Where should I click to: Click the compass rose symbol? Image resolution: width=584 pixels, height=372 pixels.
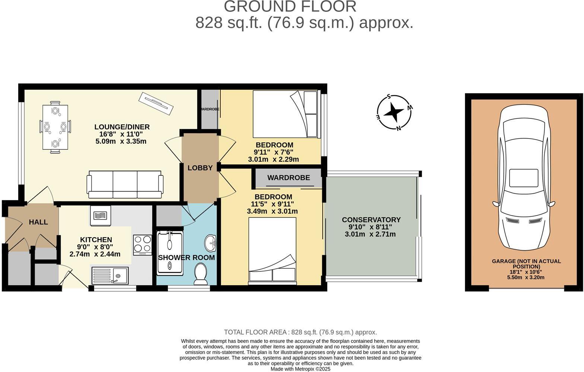pyautogui.click(x=394, y=112)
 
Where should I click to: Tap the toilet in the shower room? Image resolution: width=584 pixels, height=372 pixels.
pyautogui.click(x=201, y=274)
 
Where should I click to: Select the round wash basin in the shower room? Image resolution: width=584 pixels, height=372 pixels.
pyautogui.click(x=211, y=243)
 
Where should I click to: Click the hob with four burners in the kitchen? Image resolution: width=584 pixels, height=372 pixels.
pyautogui.click(x=143, y=245)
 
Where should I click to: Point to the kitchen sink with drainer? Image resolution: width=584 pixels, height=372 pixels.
pyautogui.click(x=110, y=276)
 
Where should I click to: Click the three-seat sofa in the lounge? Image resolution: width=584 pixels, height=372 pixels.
pyautogui.click(x=125, y=184)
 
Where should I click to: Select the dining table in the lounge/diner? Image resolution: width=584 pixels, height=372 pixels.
pyautogui.click(x=55, y=127)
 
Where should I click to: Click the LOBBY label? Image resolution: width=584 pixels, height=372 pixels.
pyautogui.click(x=200, y=168)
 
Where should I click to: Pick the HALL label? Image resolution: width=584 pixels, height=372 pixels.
pyautogui.click(x=38, y=222)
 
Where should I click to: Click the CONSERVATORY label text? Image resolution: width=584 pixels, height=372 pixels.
pyautogui.click(x=371, y=220)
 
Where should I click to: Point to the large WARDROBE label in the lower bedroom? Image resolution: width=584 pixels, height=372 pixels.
pyautogui.click(x=288, y=178)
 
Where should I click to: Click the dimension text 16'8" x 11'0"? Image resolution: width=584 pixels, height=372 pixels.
pyautogui.click(x=121, y=134)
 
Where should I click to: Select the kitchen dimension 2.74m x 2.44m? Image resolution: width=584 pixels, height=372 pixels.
pyautogui.click(x=95, y=254)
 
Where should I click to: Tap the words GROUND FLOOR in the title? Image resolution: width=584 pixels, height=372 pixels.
pyautogui.click(x=290, y=7)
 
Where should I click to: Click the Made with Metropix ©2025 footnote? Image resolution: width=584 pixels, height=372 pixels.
pyautogui.click(x=300, y=369)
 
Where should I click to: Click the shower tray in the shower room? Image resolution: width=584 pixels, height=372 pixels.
pyautogui.click(x=170, y=252)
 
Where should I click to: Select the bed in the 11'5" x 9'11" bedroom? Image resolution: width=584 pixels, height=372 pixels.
pyautogui.click(x=272, y=250)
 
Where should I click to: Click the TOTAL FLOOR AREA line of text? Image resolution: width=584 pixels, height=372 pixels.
pyautogui.click(x=300, y=332)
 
